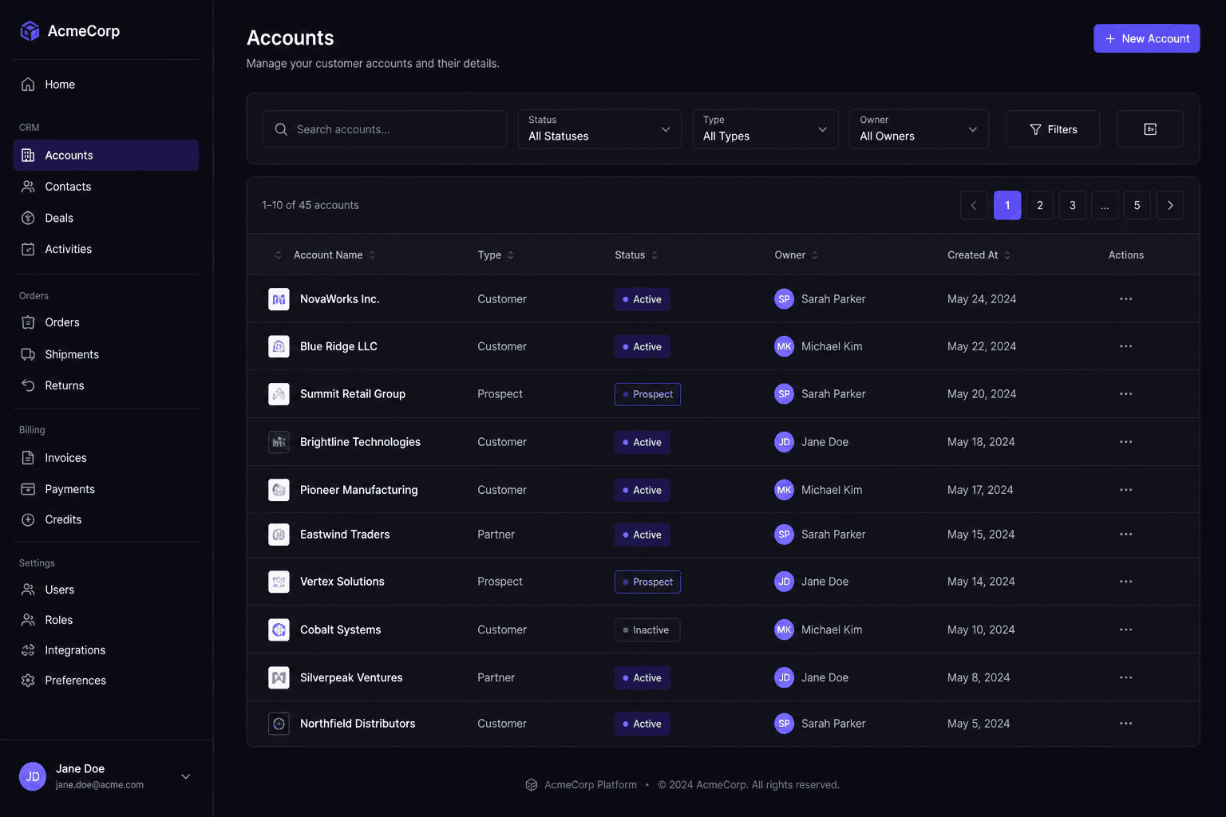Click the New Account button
pyautogui.click(x=1146, y=38)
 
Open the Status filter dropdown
pyautogui.click(x=599, y=129)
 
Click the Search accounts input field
pyautogui.click(x=384, y=129)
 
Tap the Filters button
pyautogui.click(x=1053, y=129)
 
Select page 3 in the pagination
pyautogui.click(x=1072, y=205)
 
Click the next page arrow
pyautogui.click(x=1169, y=205)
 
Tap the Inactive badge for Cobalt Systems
pyautogui.click(x=647, y=630)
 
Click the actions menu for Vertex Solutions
pyautogui.click(x=1125, y=582)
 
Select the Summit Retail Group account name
pyautogui.click(x=353, y=394)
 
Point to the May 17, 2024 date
pyautogui.click(x=979, y=490)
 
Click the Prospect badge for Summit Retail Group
pyautogui.click(x=647, y=394)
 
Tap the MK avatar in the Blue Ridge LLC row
pyautogui.click(x=784, y=346)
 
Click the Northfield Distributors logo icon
pyautogui.click(x=279, y=724)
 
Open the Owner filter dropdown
pyautogui.click(x=919, y=129)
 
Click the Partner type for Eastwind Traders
pyautogui.click(x=496, y=534)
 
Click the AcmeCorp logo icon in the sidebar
pyautogui.click(x=30, y=30)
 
